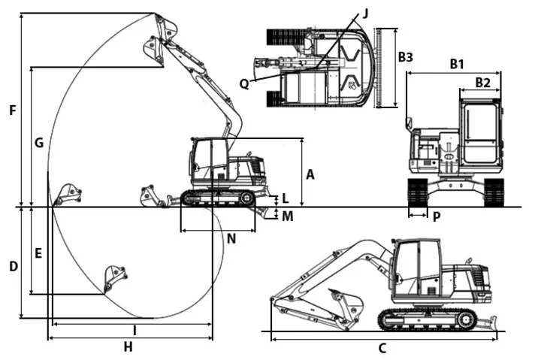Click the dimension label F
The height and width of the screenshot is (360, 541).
tap(12, 111)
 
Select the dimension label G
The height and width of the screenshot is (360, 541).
tap(39, 142)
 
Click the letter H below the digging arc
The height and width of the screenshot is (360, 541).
tap(128, 346)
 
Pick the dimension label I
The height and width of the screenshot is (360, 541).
tap(134, 331)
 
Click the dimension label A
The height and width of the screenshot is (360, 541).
tap(310, 174)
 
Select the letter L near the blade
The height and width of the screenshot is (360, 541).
tap(285, 199)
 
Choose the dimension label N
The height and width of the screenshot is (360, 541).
tap(231, 239)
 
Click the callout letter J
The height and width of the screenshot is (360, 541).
tap(365, 13)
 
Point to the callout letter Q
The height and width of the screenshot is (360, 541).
tap(244, 83)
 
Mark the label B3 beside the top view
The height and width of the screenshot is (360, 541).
tap(406, 56)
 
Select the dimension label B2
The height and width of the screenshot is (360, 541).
tap(482, 82)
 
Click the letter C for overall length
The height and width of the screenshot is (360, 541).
tap(382, 348)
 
